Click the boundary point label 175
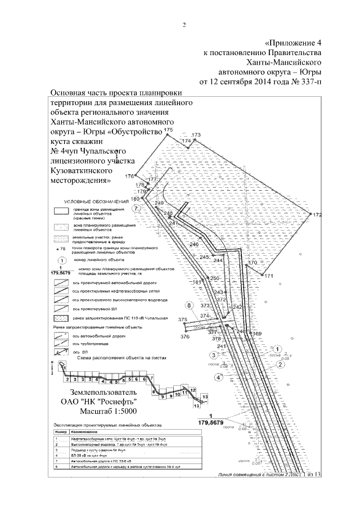click(x=166, y=130)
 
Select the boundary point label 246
click(x=195, y=245)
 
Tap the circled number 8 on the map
click(x=190, y=305)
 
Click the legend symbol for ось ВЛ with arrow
click(x=61, y=352)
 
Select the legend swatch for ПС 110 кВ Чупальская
click(x=61, y=318)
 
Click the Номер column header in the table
click(x=61, y=430)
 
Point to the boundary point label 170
click(x=252, y=263)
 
